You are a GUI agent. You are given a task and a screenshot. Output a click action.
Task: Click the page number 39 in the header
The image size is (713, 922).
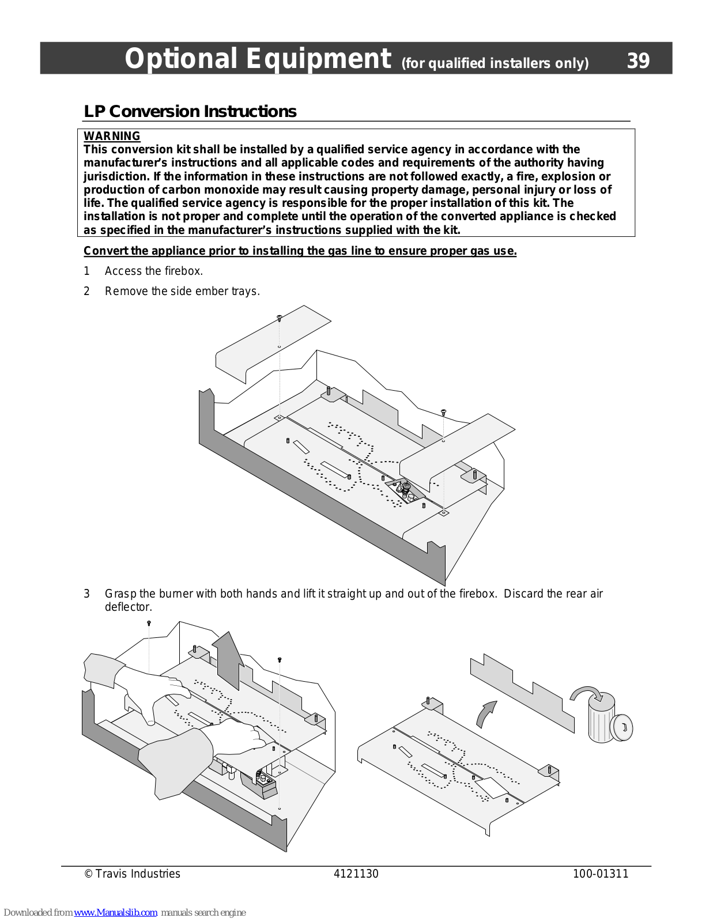[638, 61]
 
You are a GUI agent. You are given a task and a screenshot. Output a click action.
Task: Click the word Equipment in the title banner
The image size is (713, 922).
[319, 59]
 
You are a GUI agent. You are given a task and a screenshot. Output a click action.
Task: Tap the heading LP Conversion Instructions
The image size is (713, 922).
[190, 111]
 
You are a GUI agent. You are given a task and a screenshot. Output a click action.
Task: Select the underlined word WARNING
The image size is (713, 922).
[112, 136]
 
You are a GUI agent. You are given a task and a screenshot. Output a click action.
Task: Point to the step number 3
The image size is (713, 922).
[87, 594]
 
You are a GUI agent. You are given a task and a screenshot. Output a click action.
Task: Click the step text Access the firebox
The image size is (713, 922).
[154, 271]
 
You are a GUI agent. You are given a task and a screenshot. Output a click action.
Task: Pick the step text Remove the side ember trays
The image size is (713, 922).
[182, 291]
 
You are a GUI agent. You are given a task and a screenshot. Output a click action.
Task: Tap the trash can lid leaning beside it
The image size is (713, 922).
[623, 727]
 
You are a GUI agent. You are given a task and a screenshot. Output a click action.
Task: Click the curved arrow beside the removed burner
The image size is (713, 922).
[486, 714]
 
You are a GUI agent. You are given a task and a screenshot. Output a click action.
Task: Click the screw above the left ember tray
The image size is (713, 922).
[280, 317]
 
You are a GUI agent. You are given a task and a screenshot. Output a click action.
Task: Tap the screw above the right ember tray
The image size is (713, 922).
[443, 412]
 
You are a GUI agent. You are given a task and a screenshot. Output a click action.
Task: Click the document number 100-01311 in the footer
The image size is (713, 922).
[600, 874]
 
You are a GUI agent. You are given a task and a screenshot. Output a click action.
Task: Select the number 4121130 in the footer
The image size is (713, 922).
[356, 874]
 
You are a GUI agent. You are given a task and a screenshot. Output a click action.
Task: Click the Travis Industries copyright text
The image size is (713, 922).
[133, 874]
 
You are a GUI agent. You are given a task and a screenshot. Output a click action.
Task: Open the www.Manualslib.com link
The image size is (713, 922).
[115, 912]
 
